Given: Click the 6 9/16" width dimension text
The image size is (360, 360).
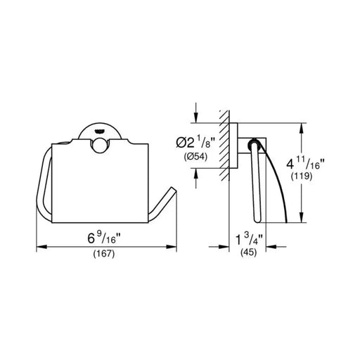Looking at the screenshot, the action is [x=104, y=238].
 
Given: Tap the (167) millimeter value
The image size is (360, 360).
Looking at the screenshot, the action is [x=104, y=254].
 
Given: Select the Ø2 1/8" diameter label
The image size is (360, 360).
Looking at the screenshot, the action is [x=195, y=142].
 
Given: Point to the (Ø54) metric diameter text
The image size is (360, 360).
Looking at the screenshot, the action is [x=195, y=157].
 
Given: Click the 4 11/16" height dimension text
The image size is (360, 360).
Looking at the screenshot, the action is [x=305, y=163].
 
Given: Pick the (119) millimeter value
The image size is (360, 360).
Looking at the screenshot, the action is [x=302, y=176].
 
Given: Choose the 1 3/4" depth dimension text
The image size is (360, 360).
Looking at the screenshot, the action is [x=249, y=239].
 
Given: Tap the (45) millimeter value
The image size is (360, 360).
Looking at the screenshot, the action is [x=249, y=252].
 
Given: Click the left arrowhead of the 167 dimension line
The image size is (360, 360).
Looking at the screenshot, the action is [x=42, y=247].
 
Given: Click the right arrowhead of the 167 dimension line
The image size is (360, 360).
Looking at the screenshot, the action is [x=171, y=247].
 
